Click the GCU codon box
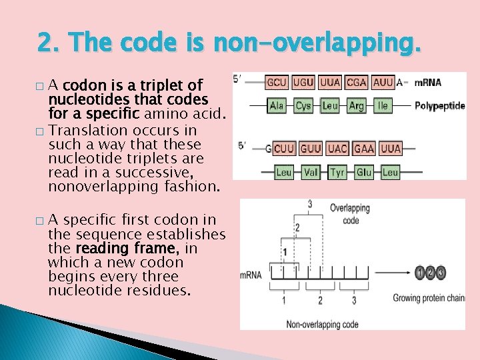277,83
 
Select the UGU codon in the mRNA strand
303,83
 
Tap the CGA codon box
357,83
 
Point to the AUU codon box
383,83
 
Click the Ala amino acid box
277,105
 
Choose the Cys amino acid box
303,105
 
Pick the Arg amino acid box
357,105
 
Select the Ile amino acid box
383,105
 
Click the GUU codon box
311,149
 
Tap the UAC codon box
337,149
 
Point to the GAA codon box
364,149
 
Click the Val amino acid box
311,172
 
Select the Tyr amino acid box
337,172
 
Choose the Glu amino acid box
364,172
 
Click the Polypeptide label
439,105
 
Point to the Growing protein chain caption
428,298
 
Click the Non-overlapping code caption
322,325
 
